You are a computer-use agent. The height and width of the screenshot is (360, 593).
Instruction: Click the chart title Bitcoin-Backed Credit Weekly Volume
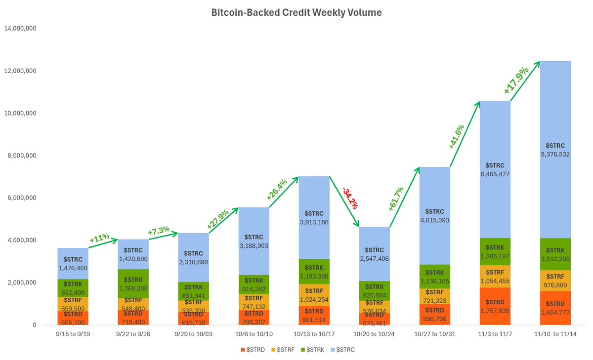[x=296, y=12]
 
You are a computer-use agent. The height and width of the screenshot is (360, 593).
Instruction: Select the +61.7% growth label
[x=396, y=199]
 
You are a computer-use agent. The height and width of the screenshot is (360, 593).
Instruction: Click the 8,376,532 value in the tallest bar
[x=558, y=154]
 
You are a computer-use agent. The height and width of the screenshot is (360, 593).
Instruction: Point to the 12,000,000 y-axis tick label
[x=20, y=71]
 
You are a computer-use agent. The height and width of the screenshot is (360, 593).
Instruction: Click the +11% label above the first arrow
[x=99, y=238]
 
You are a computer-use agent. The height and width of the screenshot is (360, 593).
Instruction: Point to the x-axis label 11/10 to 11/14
[x=558, y=335]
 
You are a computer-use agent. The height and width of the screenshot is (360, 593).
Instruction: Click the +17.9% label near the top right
[x=516, y=80]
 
